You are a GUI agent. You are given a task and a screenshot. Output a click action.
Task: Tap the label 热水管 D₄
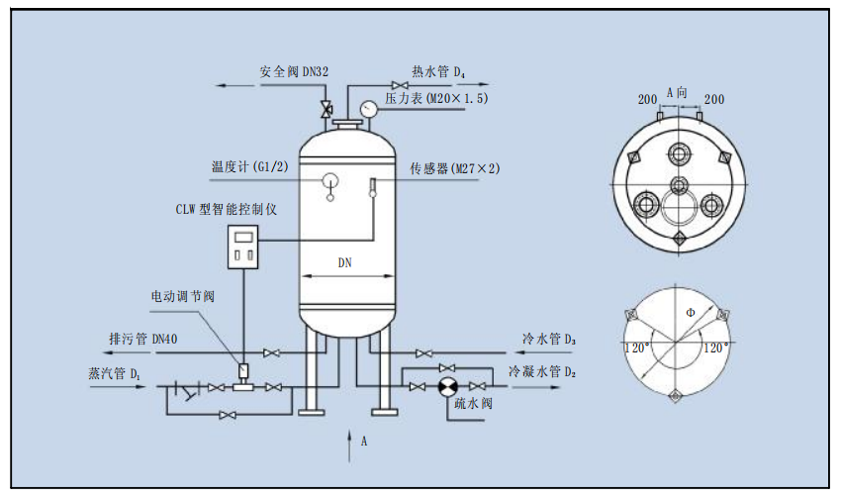point(438,71)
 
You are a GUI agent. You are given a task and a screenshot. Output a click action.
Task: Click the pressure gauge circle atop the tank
point(368,107)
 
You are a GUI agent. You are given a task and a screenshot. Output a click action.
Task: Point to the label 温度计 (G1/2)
point(249,166)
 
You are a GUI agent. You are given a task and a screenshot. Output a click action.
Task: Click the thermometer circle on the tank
point(329,180)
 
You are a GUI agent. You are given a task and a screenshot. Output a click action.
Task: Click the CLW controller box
point(243,247)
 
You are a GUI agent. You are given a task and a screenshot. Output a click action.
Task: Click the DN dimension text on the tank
point(345,263)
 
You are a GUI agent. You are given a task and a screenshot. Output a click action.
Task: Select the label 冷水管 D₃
point(549,340)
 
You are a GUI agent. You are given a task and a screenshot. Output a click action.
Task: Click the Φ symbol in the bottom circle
point(690,312)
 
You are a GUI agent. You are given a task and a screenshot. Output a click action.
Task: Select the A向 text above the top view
point(679,91)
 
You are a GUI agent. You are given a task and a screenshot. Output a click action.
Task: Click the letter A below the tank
point(363,441)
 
